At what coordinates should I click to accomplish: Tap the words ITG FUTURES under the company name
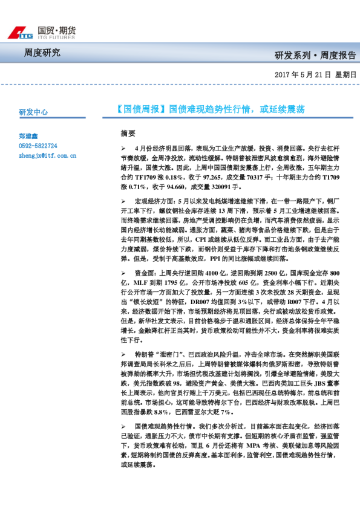(x=57, y=37)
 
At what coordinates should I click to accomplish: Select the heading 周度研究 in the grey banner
(x=42, y=53)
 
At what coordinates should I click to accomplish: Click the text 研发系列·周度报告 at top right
(x=315, y=55)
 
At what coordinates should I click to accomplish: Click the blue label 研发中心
(x=33, y=112)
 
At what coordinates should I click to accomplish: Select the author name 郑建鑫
(x=28, y=137)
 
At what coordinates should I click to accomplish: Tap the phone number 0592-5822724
(x=38, y=146)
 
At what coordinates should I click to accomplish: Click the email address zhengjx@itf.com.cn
(x=47, y=155)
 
